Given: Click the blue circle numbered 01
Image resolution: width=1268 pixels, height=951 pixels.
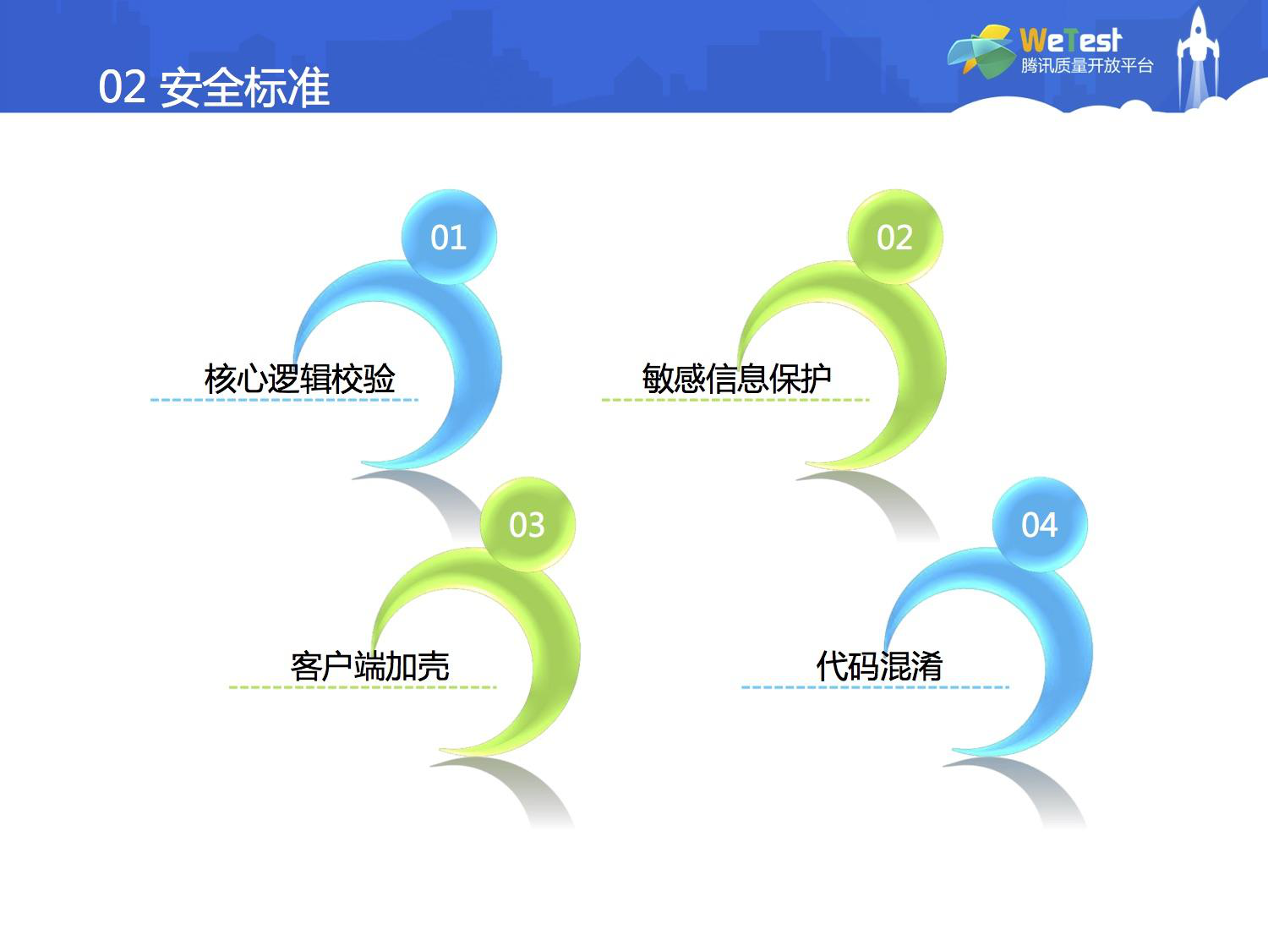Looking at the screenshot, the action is point(449,237).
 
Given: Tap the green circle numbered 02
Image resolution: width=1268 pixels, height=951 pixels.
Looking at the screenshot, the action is point(895,237).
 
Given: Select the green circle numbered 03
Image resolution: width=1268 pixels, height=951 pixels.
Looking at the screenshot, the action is point(527,524).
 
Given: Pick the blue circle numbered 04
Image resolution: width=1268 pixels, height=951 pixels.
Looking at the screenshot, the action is point(1040,524).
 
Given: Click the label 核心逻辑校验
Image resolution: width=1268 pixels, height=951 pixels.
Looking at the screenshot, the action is point(300,379).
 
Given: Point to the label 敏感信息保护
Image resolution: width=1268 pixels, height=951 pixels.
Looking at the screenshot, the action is point(736,379).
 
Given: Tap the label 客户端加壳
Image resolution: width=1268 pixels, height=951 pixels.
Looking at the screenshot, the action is point(369,666).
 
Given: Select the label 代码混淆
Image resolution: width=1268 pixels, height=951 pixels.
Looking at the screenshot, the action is point(879,666).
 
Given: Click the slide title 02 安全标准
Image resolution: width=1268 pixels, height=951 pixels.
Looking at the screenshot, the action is point(214,87).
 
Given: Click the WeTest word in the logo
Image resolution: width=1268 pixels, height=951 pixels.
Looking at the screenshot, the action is point(1070,41).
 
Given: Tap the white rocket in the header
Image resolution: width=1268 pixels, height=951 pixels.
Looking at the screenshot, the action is point(1198,57).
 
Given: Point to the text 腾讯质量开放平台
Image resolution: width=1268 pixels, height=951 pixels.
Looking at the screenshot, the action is point(1086,66).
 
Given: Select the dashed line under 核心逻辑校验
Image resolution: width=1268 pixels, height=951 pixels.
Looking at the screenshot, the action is point(284,400).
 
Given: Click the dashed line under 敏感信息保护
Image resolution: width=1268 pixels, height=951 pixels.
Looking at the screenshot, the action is point(735,400).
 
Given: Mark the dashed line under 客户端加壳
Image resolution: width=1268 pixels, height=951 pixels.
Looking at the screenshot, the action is point(363,687).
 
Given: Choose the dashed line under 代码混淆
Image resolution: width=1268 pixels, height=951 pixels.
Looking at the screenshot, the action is point(875,687).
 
